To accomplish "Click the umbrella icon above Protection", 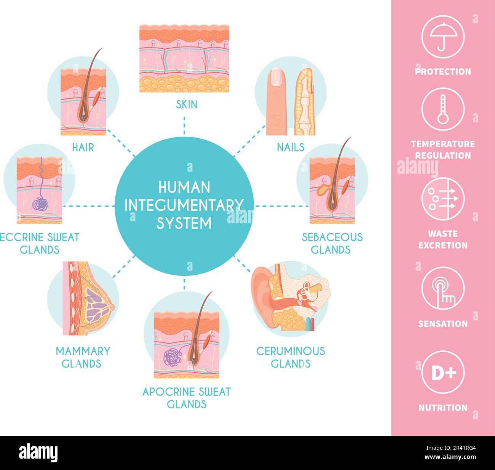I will point(442,37).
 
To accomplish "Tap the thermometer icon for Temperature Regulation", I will point(442,109).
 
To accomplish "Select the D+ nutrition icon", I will point(442,372).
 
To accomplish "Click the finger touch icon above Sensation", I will point(442,288).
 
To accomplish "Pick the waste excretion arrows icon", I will point(442,198).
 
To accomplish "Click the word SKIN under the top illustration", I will point(187,104).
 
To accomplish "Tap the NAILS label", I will point(291,147).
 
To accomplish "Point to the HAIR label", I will point(83,147).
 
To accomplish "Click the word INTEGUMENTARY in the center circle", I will point(184,205).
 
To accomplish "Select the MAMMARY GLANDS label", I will point(83,357).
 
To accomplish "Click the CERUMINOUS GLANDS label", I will point(291,357).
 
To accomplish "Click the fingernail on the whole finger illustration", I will point(277,77).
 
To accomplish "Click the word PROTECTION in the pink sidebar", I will point(442,72).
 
